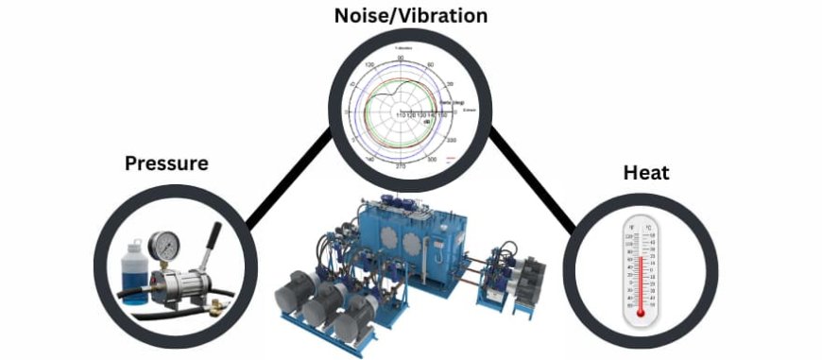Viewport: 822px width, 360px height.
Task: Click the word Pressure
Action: click(166, 163)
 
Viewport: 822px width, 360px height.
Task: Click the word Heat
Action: click(646, 172)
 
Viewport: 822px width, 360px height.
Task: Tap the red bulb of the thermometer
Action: click(641, 311)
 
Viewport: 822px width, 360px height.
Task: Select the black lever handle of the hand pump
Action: click(214, 237)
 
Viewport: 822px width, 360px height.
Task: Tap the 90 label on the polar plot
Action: click(401, 59)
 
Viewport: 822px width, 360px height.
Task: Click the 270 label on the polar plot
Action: click(401, 166)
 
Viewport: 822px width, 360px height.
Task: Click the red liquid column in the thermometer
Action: click(641, 279)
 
